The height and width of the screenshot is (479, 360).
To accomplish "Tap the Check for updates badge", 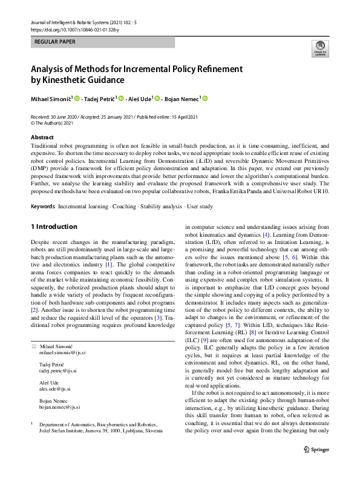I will (x=319, y=49).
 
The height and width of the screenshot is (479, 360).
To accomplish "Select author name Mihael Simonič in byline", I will (x=51, y=99).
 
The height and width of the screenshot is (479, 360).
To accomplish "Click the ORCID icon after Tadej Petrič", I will (x=121, y=99).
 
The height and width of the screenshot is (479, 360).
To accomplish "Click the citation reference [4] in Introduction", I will (x=257, y=234).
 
